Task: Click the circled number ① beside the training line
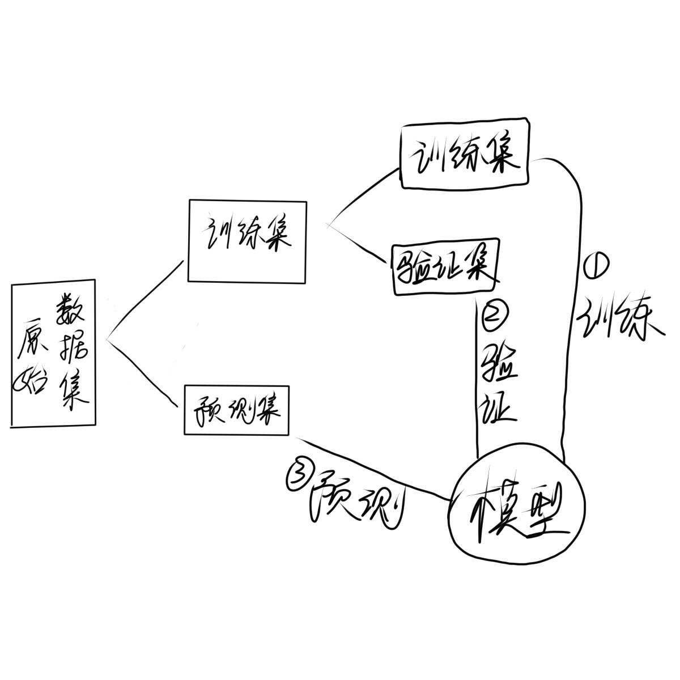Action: (x=594, y=265)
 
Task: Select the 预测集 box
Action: (x=236, y=410)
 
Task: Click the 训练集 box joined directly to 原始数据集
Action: (x=247, y=240)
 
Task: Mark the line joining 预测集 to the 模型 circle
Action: (x=374, y=468)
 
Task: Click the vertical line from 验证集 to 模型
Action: (x=477, y=380)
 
